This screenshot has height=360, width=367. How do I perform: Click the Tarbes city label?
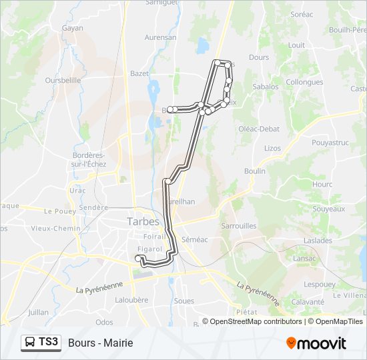point(143,221)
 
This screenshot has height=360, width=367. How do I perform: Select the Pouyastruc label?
point(330,143)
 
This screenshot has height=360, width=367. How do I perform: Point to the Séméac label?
point(195,239)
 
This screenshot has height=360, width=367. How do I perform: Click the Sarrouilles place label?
point(238,226)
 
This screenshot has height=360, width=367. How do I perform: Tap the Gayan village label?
point(72,28)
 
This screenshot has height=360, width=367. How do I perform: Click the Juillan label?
point(39,312)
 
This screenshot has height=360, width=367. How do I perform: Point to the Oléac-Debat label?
point(259,129)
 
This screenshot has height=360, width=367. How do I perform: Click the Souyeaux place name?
point(329,209)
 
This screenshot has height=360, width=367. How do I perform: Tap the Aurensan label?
point(161,37)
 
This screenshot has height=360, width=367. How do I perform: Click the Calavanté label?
point(308,301)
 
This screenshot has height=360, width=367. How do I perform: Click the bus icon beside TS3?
point(31,343)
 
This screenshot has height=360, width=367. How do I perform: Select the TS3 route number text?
point(49,343)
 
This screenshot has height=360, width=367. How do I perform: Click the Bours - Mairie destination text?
point(100,343)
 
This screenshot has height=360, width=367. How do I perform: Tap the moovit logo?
point(316,343)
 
